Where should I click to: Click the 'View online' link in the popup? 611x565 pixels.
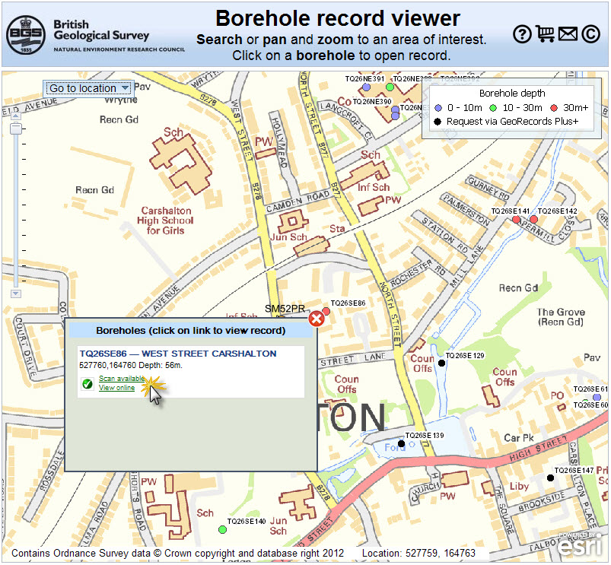116,388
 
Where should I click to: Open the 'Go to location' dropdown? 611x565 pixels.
88,88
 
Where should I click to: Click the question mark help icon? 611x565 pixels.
521,33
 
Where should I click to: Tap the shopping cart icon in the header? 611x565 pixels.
545,33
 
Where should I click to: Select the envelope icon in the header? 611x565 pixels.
568,33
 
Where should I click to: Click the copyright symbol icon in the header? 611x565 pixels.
590,33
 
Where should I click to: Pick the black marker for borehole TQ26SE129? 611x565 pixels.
441,363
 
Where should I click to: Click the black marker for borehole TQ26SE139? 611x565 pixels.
401,443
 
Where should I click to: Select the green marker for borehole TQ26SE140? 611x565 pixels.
222,529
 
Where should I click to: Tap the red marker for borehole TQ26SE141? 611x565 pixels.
516,220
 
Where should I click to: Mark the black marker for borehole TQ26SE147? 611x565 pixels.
549,478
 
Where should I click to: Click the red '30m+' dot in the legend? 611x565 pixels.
554,107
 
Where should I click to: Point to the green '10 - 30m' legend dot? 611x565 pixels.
493,107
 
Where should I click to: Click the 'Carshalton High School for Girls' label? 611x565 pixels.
167,221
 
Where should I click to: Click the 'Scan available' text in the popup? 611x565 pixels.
122,379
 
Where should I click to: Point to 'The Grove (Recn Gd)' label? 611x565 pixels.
561,317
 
